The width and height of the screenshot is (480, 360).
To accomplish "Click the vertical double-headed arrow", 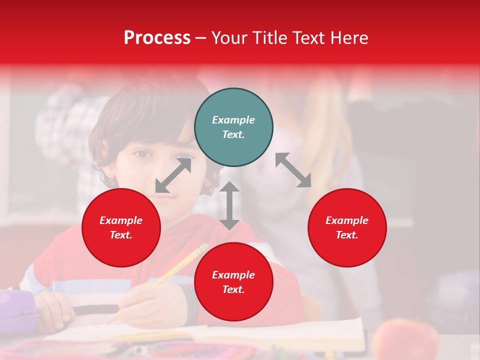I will (229, 206).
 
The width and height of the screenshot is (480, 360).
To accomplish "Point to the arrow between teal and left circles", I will (173, 175).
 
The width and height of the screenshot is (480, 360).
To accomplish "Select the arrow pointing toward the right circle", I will (293, 170).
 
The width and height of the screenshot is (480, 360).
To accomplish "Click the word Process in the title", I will (157, 37).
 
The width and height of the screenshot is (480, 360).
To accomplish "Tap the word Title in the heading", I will (270, 37).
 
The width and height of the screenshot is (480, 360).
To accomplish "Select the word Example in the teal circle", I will (233, 120).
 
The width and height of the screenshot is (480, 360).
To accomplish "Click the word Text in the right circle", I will (346, 235).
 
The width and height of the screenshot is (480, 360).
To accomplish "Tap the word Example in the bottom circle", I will (233, 275).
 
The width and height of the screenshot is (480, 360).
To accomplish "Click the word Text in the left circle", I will (120, 235).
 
